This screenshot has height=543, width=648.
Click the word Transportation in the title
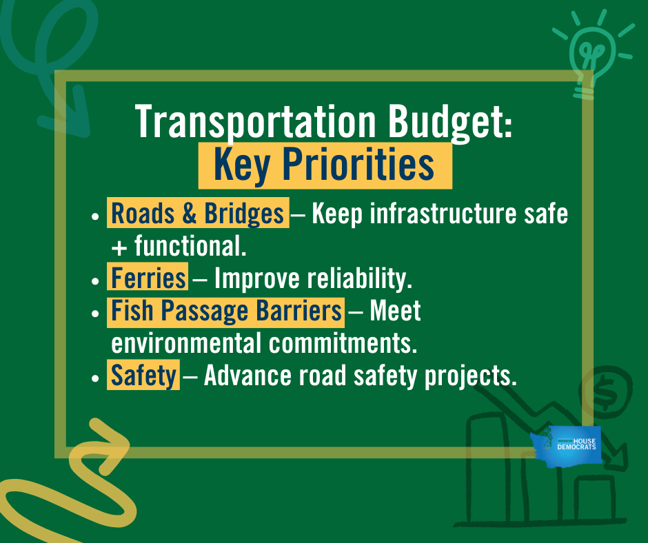255,121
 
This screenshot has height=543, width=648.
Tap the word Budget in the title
450,123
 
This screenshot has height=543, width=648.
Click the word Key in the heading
242,166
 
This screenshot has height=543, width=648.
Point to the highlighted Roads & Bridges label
198,213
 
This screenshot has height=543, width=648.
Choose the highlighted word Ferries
148,278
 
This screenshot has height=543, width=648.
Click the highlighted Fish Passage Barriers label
225,311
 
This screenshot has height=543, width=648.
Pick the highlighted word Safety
143,375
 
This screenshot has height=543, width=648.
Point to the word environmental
186,343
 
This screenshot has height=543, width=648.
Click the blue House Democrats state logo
566,447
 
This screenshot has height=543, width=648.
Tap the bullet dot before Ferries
95,280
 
